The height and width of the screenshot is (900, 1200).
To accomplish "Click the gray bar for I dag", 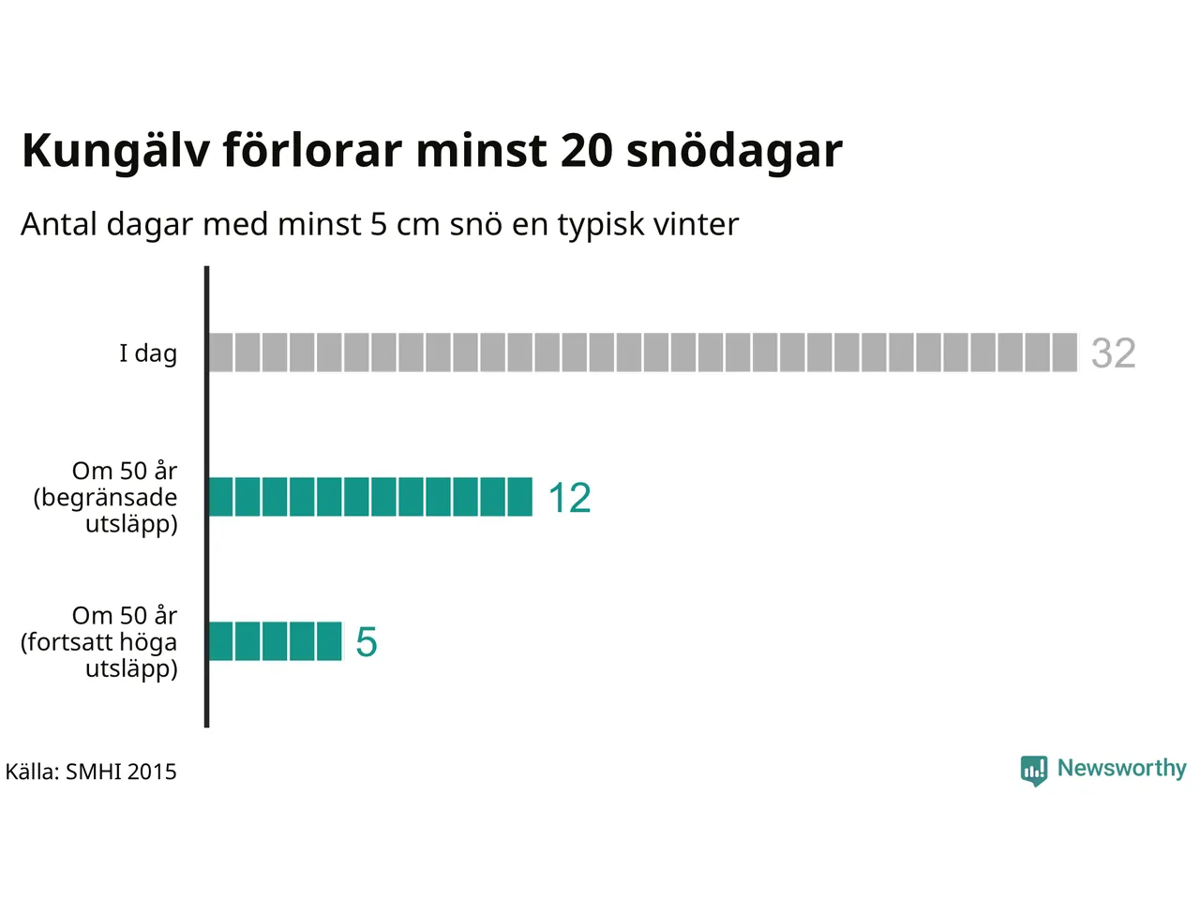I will pos(642,352).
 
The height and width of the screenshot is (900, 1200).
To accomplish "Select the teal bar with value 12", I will pos(369,497).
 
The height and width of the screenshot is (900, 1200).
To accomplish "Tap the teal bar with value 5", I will pos(275,641).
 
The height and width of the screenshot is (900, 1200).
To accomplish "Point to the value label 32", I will pos(1113,353).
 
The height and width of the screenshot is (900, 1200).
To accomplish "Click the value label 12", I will pos(569,498).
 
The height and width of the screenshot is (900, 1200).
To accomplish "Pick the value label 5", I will pos(367,643).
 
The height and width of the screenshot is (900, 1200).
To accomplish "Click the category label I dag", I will pos(148,353).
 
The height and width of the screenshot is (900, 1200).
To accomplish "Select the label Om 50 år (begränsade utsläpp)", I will pos(106,497).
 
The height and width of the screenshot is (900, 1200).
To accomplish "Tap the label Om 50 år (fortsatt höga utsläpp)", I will pos(99,642).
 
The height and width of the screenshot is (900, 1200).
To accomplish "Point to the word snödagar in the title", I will pos(734,150).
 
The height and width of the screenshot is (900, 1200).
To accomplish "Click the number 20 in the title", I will pos(586,150).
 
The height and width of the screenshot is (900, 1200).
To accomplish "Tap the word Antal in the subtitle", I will pos(59,224).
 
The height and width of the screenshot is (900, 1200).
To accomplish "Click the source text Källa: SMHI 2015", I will pos(91,772).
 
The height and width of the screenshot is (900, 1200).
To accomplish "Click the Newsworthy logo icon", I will pos(1033,770).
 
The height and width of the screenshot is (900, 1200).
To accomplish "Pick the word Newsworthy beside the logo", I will pos(1121,768).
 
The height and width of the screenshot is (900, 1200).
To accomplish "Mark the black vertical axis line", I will pos(206,497).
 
